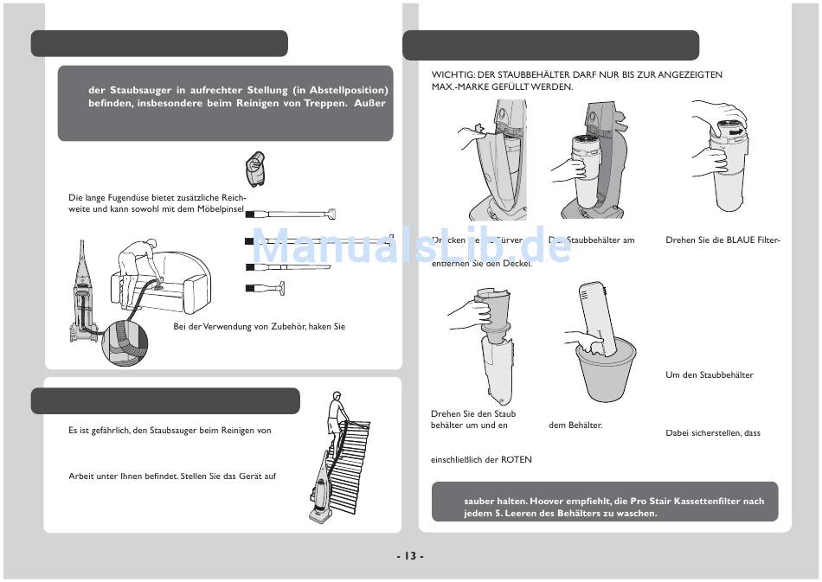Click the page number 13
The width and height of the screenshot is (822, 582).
click(x=410, y=555)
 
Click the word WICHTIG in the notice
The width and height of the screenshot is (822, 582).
click(x=453, y=75)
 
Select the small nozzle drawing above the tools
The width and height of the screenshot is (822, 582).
click(x=254, y=169)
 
